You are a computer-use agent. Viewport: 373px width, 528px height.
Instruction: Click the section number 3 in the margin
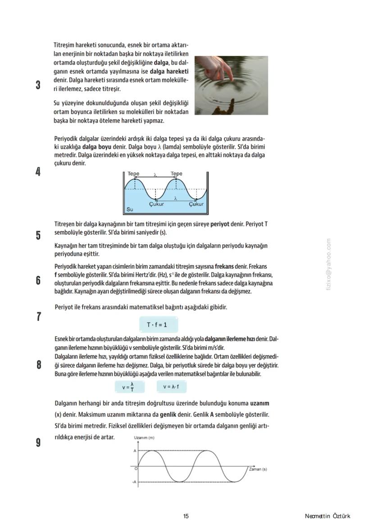[38, 85]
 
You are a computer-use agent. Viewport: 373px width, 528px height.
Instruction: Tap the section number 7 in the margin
[39, 317]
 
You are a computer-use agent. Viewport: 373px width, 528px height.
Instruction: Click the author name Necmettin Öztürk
[327, 516]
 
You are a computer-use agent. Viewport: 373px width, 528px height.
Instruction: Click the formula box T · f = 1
[157, 325]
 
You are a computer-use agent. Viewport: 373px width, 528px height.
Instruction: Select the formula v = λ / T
[127, 386]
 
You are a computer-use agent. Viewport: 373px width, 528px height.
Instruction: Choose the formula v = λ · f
[172, 386]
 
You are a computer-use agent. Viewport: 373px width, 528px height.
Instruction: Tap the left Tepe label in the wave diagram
[133, 174]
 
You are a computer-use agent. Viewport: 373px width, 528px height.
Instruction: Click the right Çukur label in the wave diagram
[196, 204]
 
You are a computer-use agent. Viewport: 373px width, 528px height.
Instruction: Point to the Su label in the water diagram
[130, 210]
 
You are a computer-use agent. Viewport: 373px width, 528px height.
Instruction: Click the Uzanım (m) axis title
[144, 438]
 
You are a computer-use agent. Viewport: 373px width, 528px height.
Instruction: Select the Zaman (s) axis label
[258, 469]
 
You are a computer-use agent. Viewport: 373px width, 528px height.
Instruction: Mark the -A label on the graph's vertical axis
[134, 482]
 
